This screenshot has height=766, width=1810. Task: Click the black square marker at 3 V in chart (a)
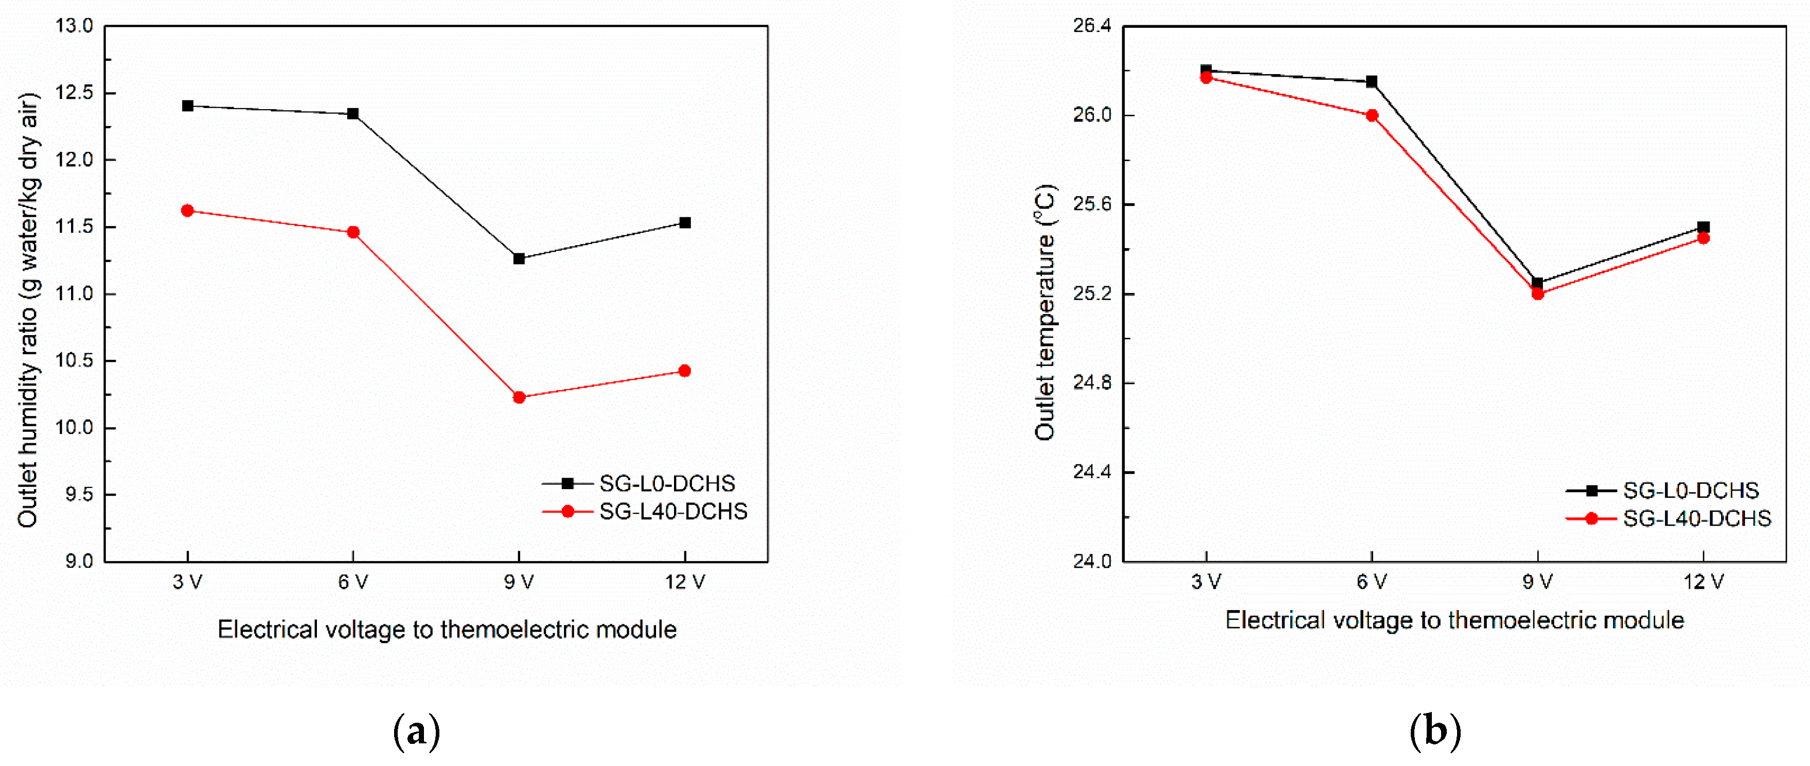coord(188,106)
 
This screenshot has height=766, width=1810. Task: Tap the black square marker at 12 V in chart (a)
coord(685,223)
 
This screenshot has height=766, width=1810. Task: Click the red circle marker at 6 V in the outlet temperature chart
coord(1372,116)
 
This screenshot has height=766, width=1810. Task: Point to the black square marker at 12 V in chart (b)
coord(1703,227)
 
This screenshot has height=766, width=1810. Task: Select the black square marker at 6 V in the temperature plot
coord(1372,81)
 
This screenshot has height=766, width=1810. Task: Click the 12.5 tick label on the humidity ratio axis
coord(75,93)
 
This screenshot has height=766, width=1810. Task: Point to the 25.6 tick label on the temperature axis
coord(1093,204)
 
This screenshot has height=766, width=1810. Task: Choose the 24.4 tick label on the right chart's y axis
coord(1093,472)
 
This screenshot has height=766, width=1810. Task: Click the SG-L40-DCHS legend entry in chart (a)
coord(672,512)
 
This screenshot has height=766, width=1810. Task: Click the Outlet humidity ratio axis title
coord(28,309)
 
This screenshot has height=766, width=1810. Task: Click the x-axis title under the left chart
coord(447,630)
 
